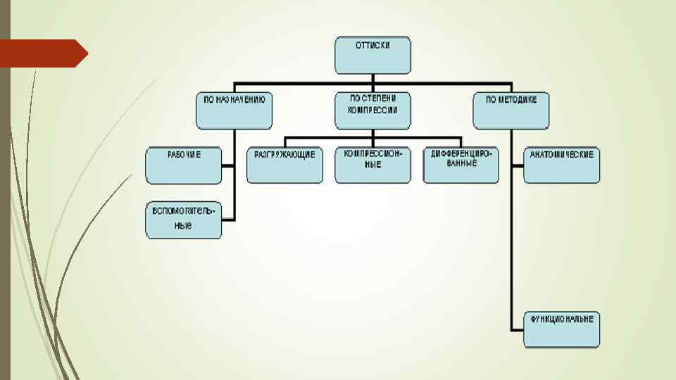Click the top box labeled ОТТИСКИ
coord(373,55)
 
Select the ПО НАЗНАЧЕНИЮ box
coord(234,110)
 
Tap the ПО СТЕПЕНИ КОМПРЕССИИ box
coord(373,110)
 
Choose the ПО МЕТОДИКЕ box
coord(511,110)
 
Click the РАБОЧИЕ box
coord(184,165)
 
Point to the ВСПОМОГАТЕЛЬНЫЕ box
coord(184,220)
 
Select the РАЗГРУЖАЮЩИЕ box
coord(284,165)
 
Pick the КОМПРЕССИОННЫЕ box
coord(373,165)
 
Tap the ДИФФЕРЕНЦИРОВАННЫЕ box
coord(461,165)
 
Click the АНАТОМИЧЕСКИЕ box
coord(561,165)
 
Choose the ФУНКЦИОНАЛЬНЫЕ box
coord(561,329)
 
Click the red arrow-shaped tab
coord(42,53)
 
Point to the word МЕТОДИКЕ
coord(519,100)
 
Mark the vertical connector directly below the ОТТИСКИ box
coord(373,79)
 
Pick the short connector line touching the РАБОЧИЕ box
coord(228,165)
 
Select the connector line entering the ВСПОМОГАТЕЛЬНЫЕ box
coord(228,220)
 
